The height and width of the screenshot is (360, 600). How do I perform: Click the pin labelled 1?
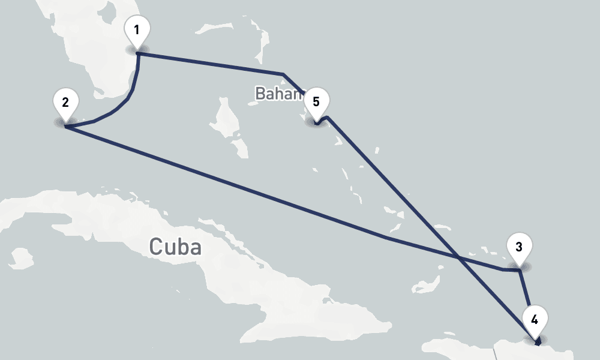tap(137, 30)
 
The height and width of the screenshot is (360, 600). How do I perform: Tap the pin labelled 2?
tap(65, 102)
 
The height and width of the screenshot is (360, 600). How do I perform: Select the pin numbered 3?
tap(518, 247)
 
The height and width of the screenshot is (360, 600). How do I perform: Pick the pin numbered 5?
tap(316, 102)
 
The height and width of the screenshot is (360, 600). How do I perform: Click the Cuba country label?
tap(175, 247)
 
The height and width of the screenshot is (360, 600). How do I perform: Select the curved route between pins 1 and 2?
tap(129, 96)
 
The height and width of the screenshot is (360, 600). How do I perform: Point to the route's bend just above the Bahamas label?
tap(283, 74)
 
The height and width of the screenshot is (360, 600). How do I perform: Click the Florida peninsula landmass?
tap(96, 48)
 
